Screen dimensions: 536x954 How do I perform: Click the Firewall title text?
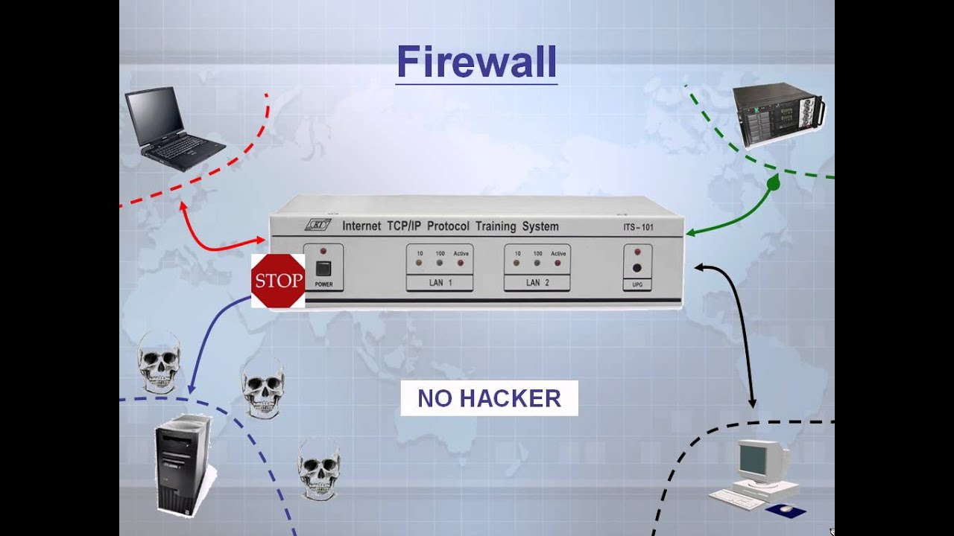tap(476, 62)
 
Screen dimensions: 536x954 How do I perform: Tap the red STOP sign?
tap(278, 281)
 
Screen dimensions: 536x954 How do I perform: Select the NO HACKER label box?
tap(489, 398)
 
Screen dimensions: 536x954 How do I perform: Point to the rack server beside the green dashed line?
tap(778, 115)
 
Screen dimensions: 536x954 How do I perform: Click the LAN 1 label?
tap(439, 283)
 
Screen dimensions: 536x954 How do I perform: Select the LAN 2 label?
tap(537, 283)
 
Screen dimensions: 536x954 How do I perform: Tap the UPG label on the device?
tap(637, 284)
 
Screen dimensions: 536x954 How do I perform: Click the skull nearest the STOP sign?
tap(159, 361)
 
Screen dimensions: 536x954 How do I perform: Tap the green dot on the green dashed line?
tap(773, 182)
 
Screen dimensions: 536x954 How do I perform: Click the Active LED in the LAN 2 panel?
tap(557, 263)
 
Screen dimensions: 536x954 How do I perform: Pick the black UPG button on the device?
tap(637, 269)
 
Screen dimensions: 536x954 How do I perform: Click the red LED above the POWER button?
tap(323, 252)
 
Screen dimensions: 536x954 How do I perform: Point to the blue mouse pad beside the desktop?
tap(786, 511)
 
